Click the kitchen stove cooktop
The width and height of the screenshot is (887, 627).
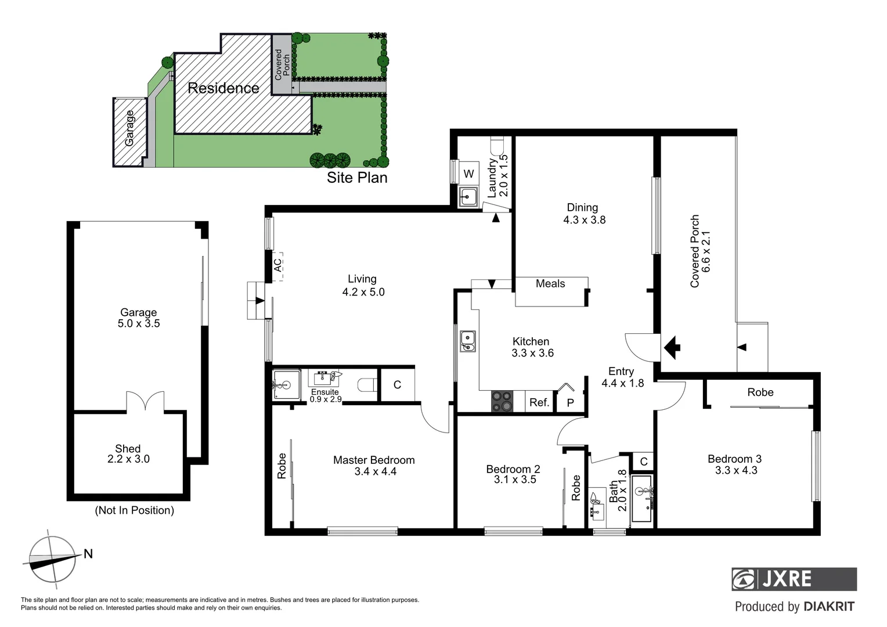point(503,401)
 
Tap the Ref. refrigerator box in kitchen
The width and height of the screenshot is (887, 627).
point(539,402)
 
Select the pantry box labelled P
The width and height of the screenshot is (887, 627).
point(570,402)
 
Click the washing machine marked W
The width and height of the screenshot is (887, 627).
point(469,174)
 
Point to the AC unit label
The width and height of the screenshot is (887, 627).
point(278,265)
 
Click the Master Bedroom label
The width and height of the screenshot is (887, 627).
point(374,460)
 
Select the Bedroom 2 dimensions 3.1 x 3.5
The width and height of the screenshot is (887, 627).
point(515,480)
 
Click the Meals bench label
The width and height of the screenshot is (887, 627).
point(550,284)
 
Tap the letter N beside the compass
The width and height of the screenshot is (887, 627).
point(88,554)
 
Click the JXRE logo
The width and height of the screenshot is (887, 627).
point(794,579)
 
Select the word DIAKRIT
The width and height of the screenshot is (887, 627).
point(829,607)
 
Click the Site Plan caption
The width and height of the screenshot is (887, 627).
point(356,178)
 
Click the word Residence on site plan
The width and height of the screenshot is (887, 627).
point(223,88)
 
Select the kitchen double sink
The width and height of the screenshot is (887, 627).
point(467,341)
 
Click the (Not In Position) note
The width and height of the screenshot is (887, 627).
point(134,510)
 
